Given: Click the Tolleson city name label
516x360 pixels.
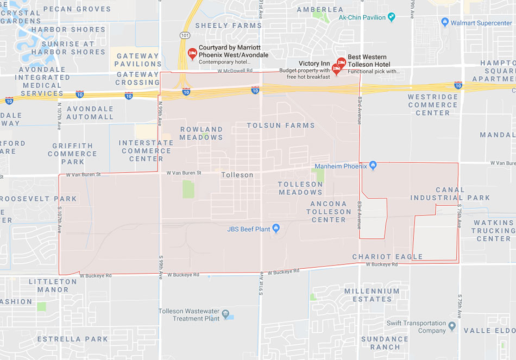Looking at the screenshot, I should pos(237,175).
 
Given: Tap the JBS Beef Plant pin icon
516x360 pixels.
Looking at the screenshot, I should pos(275,228).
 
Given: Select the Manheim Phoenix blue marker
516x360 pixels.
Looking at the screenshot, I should pos(373,165).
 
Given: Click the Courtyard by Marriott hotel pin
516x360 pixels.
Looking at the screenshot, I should pos(192,53).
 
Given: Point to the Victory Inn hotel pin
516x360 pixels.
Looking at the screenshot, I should pos(336,68).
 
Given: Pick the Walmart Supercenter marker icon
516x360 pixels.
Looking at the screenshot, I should pos(445,22).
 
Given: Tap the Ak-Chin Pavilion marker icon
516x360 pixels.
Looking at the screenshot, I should pos(391,17).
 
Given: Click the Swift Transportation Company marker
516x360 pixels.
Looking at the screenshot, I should pos(452,327).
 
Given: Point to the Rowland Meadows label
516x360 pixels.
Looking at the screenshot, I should pos(201,133).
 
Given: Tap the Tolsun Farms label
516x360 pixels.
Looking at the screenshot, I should pos(281,125).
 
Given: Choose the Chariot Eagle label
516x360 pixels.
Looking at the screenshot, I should pos(387,257).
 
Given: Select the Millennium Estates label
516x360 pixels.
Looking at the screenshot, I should pos(372,295).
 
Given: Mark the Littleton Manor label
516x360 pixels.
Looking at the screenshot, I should pos(53,286).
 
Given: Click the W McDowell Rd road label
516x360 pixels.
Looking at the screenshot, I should pos(235,71).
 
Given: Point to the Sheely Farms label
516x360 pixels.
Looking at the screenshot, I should pos(228,26).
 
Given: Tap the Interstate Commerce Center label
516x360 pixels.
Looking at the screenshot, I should pos(146,150).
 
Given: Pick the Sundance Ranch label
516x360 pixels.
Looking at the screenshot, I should pos(385,343).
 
